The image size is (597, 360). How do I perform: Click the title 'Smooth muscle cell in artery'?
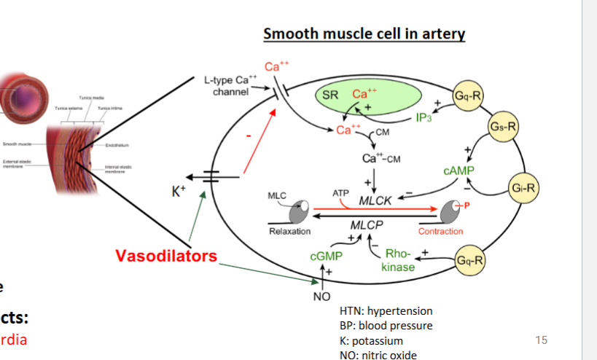coord(364,34)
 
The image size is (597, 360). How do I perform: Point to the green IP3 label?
coord(424,119)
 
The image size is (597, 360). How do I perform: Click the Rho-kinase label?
coord(397,260)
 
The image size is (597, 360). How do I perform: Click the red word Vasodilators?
coord(166,256)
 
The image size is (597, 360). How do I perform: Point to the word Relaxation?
coord(289,231)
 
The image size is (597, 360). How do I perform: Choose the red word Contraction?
coord(440,231)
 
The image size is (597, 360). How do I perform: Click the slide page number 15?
coord(540,340)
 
